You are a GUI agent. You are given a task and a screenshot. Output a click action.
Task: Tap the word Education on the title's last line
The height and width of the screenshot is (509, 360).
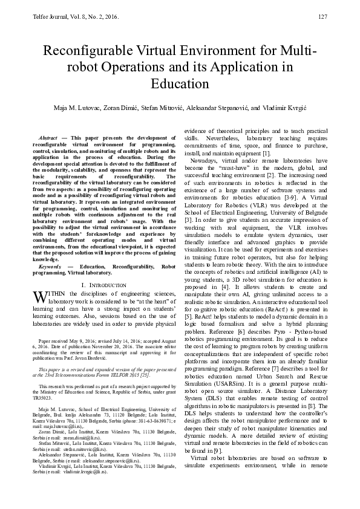click(180, 83)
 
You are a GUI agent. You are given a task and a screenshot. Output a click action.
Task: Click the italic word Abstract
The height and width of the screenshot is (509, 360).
click(48, 138)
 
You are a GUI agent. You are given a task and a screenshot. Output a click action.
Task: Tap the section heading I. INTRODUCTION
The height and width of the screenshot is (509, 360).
click(104, 285)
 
